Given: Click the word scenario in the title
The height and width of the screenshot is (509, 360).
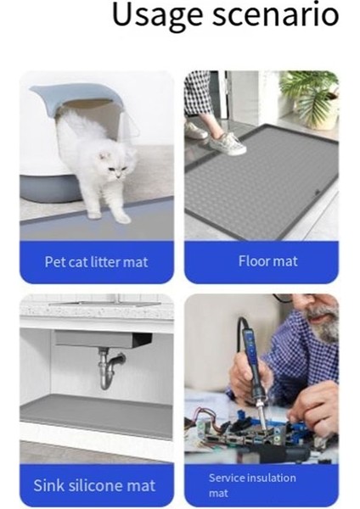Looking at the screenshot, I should click(274, 15).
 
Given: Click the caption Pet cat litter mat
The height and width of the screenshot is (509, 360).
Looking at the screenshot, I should click(96, 262).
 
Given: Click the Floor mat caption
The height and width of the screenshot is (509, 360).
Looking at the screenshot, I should click(267, 261).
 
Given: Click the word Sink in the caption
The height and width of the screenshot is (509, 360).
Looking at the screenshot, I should click(49, 486).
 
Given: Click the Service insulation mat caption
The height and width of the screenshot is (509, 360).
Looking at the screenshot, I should click(252, 484).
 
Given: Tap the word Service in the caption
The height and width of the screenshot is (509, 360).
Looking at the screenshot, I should click(228, 478).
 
